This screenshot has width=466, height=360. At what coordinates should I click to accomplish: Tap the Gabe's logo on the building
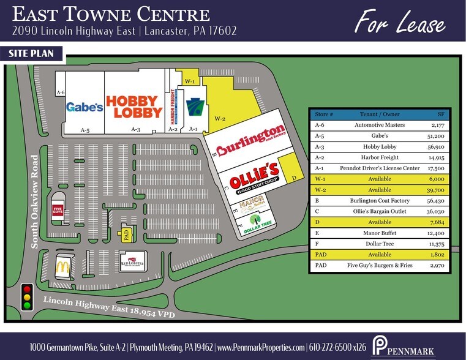tap(85, 107)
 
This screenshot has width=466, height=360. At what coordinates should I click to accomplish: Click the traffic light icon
tap(27, 296)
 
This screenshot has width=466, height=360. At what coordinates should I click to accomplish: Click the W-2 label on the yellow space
tap(220, 118)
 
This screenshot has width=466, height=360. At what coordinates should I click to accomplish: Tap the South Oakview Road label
tap(35, 201)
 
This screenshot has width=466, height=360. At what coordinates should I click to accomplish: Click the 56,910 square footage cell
tap(435, 147)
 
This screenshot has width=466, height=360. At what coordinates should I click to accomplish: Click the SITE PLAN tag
tap(33, 54)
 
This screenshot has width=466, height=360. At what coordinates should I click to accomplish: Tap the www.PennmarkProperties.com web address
tap(261, 347)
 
